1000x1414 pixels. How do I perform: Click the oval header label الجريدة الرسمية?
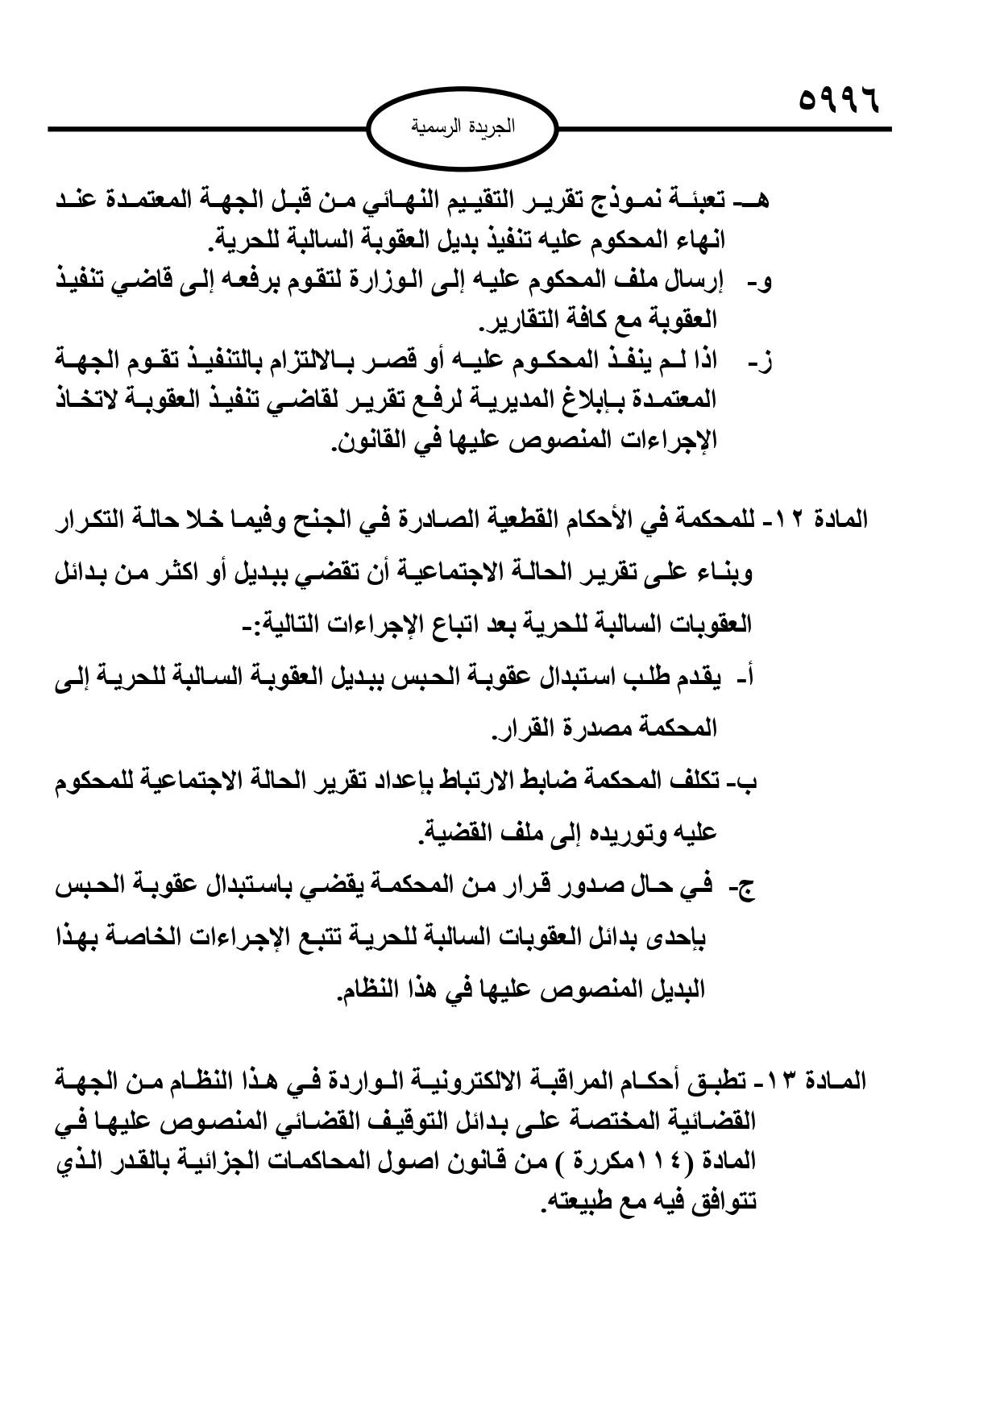463,127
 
